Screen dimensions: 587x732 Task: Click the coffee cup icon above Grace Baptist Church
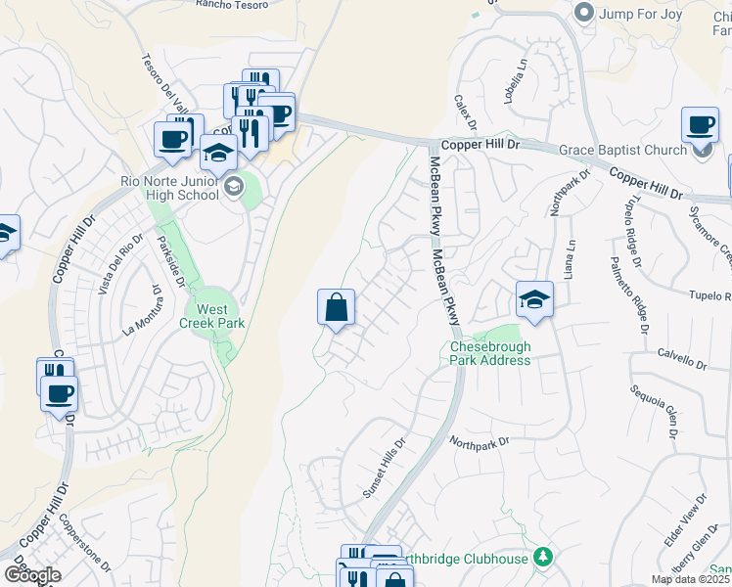[x=701, y=125]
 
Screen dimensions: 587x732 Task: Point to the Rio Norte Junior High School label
[x=172, y=187]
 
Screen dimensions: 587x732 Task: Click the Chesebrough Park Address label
[x=490, y=353]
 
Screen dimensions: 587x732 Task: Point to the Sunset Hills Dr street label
[x=384, y=469]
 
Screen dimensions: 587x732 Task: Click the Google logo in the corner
[x=32, y=574]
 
